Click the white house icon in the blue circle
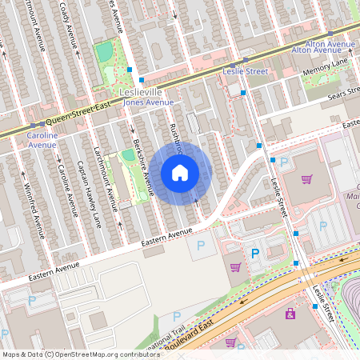click(x=180, y=173)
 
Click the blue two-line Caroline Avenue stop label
click(x=42, y=140)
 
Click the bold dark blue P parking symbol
click(x=255, y=253)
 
